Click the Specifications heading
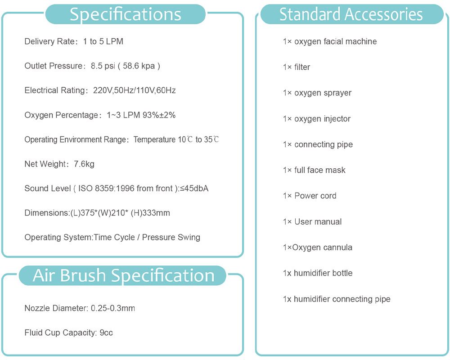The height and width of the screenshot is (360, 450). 126,14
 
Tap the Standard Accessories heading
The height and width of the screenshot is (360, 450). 351,14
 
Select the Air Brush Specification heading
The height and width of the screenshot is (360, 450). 123,275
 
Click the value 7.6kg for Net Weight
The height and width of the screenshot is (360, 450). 84,164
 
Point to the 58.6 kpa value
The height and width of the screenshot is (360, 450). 139,66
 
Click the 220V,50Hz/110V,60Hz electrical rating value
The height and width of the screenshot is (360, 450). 134,90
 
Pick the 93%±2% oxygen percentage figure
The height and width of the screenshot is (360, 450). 159,115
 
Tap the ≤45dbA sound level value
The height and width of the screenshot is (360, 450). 194,189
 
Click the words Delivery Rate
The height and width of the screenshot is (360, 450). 49,41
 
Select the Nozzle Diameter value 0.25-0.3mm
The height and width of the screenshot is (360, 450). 113,308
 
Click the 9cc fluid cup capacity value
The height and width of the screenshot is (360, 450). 106,333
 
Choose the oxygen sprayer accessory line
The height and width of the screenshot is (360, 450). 317,93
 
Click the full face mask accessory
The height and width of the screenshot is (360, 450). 314,170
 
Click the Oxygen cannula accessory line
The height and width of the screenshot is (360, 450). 317,247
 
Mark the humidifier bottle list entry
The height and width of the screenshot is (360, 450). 318,273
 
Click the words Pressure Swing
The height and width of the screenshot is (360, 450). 171,238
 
